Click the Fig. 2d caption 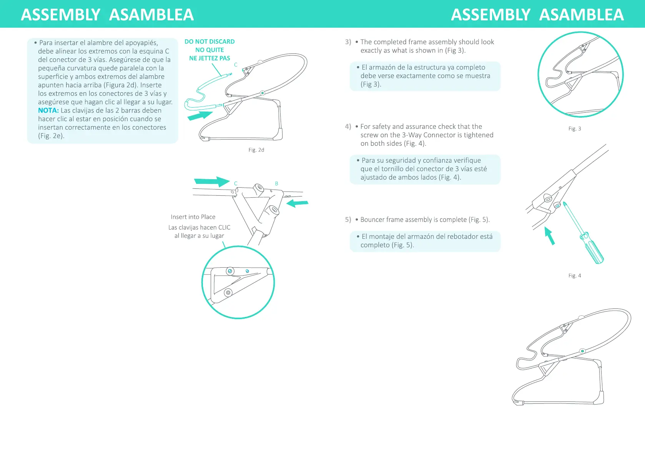pos(256,150)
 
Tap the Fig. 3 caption pos(575,129)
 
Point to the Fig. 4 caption pos(575,276)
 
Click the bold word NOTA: pos(48,110)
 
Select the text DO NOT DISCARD pos(209,42)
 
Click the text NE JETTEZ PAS pos(209,58)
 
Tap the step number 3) pos(348,42)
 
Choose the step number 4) pos(348,127)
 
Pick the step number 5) pos(348,220)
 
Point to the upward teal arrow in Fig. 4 pos(550,235)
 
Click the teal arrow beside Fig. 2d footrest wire pos(200,115)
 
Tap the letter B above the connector pos(276,184)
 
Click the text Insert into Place pos(193,217)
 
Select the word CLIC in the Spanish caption pos(224,228)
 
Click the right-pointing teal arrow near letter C pos(211,182)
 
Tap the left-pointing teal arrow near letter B pos(298,203)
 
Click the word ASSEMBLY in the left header pos(61,15)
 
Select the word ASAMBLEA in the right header pos(581,15)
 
